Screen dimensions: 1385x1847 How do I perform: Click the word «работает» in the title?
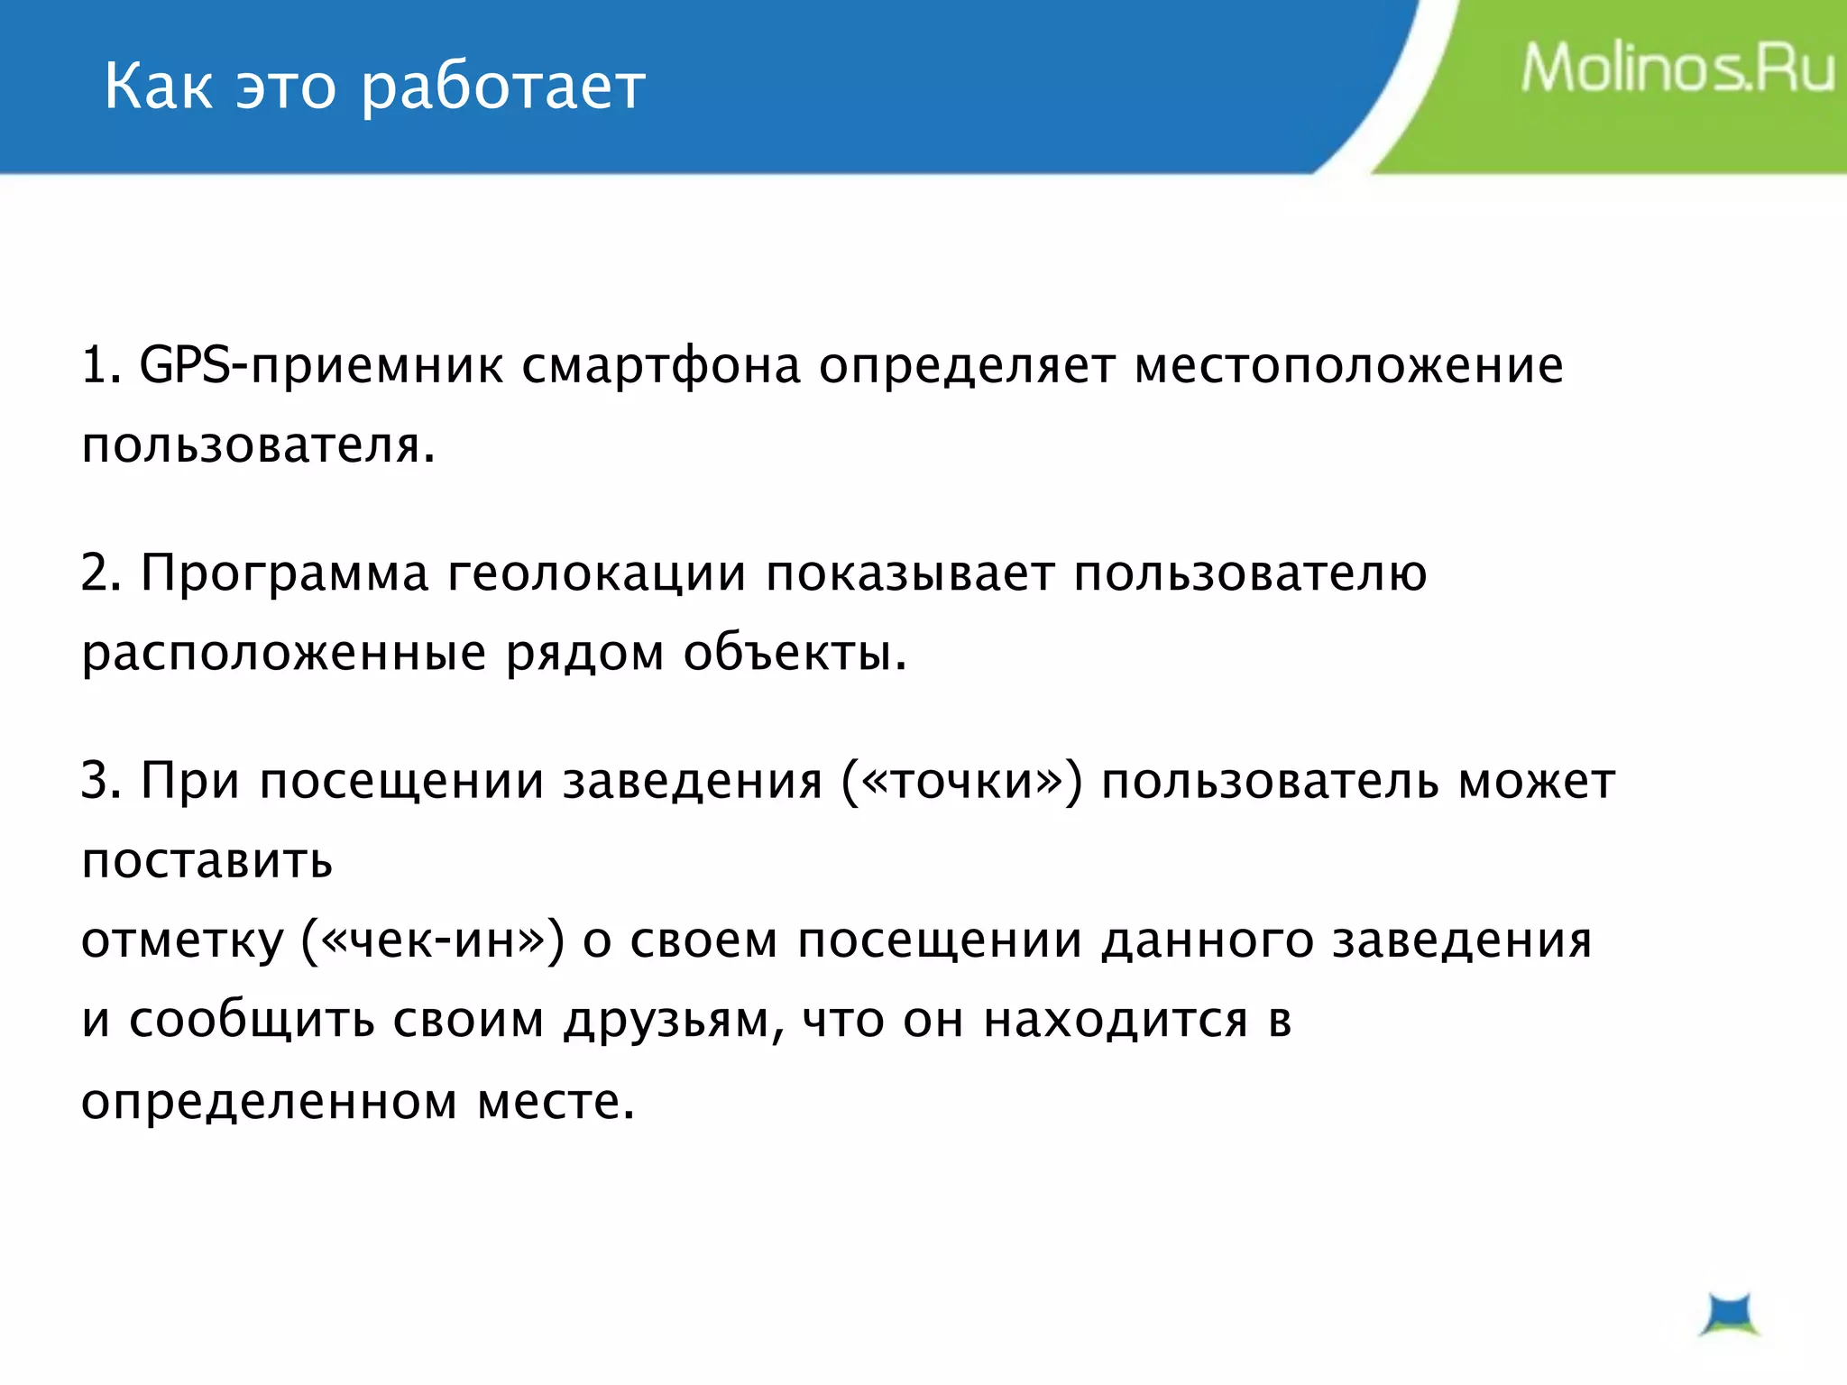(x=503, y=88)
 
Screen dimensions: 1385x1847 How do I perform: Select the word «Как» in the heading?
(x=159, y=87)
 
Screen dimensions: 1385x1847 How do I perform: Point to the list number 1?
(x=98, y=366)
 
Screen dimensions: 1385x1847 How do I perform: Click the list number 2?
(x=98, y=573)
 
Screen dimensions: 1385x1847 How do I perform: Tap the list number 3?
(x=98, y=781)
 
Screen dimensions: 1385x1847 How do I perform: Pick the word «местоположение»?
(x=1348, y=366)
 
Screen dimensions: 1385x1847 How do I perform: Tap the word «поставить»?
(x=207, y=860)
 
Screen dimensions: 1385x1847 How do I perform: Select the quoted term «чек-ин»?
(x=434, y=940)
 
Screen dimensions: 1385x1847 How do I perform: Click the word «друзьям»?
(x=668, y=1022)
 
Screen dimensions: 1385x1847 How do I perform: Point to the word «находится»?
(x=1115, y=1021)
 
